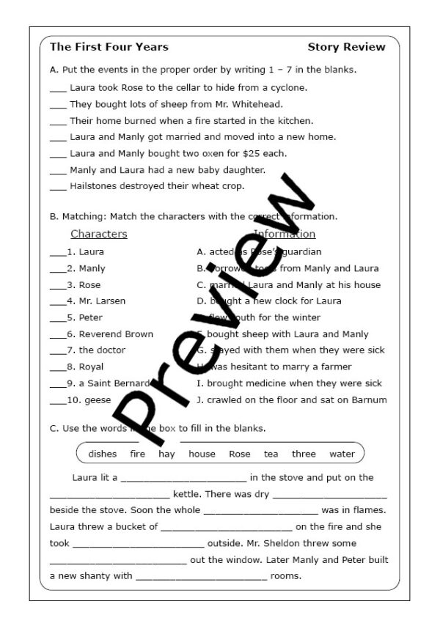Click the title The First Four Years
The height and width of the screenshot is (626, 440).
[109, 47]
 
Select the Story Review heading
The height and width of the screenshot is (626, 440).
[346, 47]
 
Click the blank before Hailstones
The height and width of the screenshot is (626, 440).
[58, 186]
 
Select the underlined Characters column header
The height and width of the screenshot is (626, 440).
[98, 235]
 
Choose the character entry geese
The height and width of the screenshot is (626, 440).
[98, 400]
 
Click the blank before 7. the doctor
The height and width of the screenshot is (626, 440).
[57, 350]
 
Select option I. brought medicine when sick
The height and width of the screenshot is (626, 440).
[289, 383]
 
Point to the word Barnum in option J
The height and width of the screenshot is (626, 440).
[370, 400]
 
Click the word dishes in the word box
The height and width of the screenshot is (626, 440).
[103, 454]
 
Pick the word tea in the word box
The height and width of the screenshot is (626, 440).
[271, 454]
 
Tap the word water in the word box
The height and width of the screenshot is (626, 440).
[342, 454]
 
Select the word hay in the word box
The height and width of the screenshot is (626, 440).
[166, 454]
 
